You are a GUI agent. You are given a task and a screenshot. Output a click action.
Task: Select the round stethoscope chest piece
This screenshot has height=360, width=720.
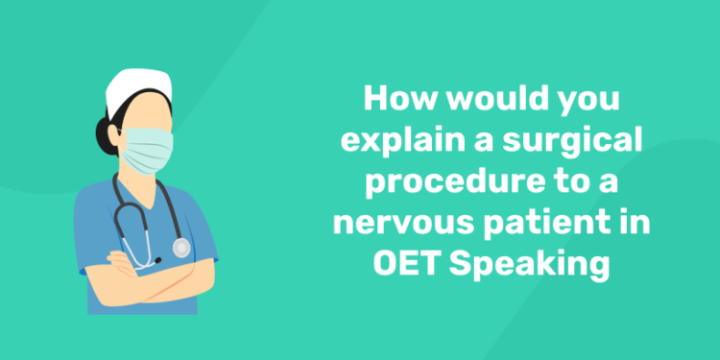(181, 248)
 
